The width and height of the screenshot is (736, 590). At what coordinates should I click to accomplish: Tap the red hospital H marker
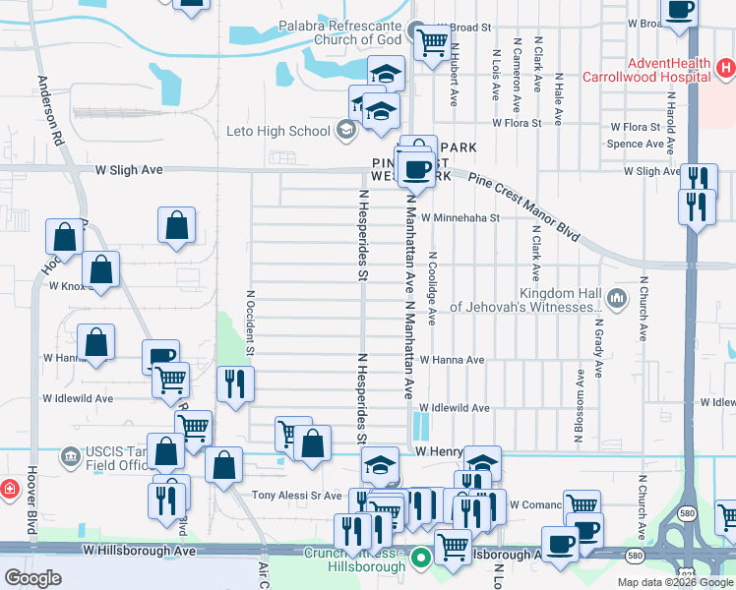725,69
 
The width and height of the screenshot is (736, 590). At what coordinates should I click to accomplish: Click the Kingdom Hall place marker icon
617,297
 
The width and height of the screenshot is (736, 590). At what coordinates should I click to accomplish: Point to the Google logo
32,578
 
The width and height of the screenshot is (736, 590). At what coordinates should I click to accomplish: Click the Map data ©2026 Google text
674,582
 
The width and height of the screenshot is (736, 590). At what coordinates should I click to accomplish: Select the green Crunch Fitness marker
422,558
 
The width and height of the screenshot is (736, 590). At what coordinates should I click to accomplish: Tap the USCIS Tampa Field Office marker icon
70,456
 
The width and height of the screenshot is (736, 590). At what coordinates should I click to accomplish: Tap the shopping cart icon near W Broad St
431,43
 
